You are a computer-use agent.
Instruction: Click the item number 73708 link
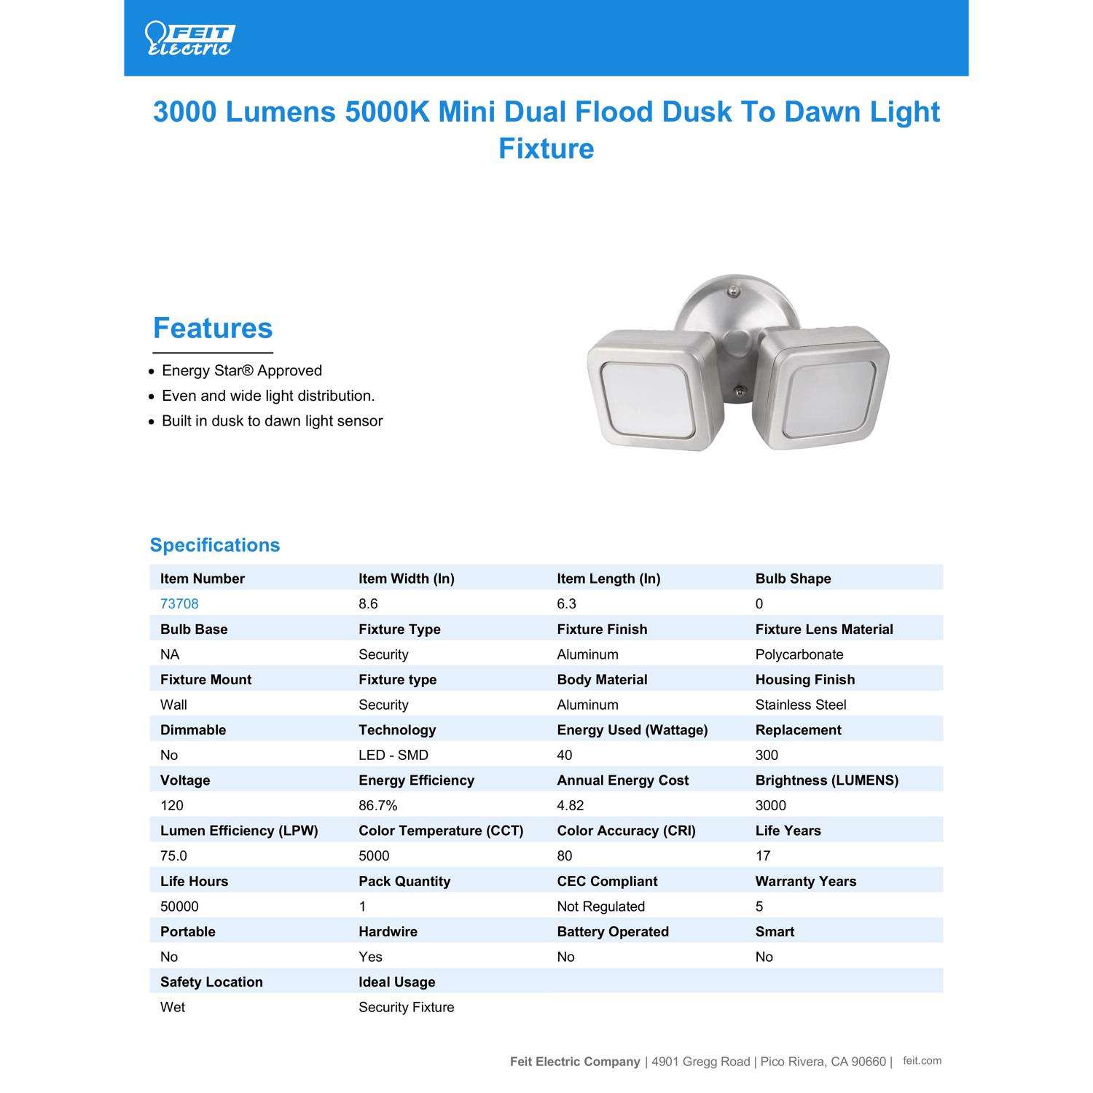pos(179,604)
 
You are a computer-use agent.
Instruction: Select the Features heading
pos(213,328)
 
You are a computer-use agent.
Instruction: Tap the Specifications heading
pos(215,545)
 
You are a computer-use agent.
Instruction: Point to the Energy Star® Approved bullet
pos(242,371)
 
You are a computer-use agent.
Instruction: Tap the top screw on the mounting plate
pos(734,292)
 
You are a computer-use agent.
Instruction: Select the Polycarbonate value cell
pos(799,654)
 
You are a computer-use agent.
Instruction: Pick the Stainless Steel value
pos(801,705)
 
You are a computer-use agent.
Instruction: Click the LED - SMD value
pos(393,755)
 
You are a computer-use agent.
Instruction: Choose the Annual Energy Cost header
pos(623,780)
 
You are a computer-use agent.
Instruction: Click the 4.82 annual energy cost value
pos(571,805)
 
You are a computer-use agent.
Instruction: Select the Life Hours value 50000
pos(179,906)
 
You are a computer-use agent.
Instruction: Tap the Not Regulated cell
pos(601,906)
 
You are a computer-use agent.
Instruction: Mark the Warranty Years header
pos(806,881)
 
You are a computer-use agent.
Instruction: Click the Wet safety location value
pos(173,1007)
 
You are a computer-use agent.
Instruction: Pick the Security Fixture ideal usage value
pos(407,1007)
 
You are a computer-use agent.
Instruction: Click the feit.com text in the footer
pos(922,1061)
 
